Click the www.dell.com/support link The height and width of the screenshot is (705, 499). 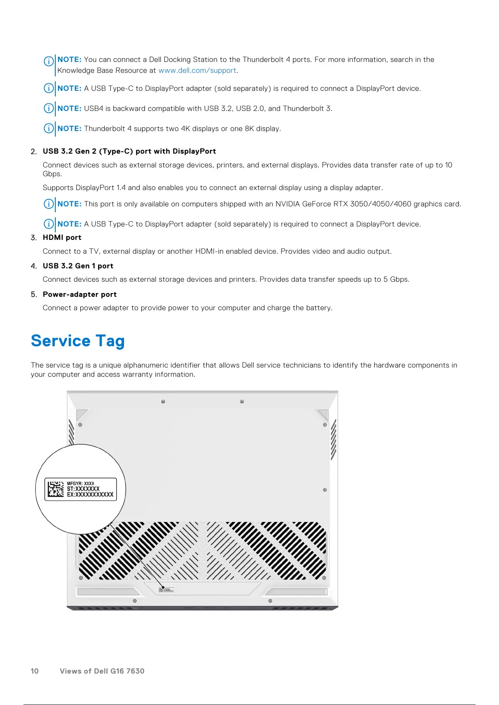point(197,71)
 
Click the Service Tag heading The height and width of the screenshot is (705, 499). point(78,341)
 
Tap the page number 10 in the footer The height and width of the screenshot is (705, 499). point(34,671)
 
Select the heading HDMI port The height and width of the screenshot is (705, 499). point(62,238)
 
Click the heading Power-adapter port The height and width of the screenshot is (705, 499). point(80,295)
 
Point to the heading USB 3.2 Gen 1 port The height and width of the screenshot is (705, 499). point(78,266)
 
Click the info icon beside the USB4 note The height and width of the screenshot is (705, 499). point(49,108)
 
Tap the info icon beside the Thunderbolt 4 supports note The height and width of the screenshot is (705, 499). point(49,128)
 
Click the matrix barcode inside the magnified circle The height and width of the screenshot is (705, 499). point(56,489)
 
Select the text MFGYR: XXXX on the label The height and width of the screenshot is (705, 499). point(80,484)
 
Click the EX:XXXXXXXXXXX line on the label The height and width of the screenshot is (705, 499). point(90,494)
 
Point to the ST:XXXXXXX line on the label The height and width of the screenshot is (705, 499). point(83,489)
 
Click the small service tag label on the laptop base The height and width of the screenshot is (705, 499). point(166,590)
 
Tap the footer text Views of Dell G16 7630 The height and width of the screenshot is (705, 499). point(102,671)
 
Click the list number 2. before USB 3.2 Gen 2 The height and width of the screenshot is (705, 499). point(34,152)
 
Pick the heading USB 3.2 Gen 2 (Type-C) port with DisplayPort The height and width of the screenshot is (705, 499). point(129,152)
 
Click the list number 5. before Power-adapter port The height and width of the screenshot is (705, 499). point(34,295)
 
